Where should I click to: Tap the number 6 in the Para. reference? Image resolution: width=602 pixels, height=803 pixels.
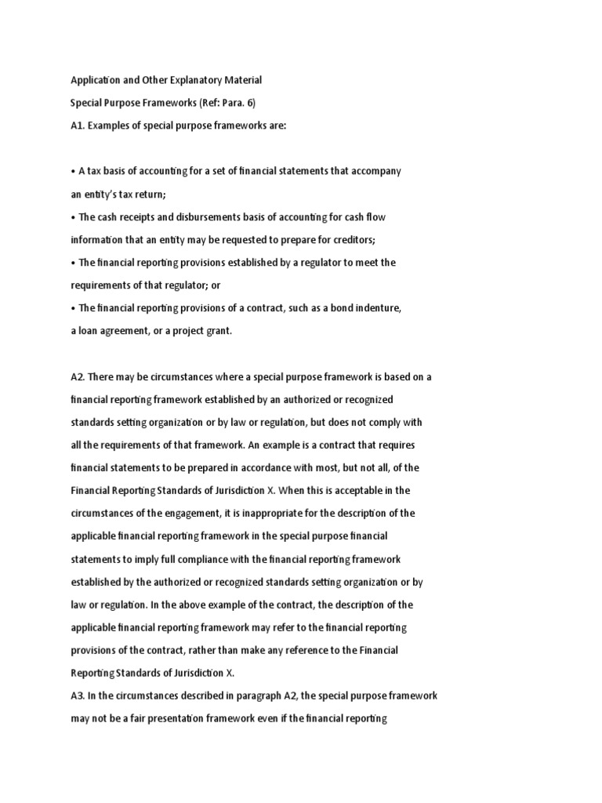pyautogui.click(x=251, y=103)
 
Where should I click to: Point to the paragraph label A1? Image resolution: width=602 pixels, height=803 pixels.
pyautogui.click(x=78, y=125)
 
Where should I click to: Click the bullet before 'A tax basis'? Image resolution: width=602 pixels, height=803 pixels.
pyautogui.click(x=73, y=171)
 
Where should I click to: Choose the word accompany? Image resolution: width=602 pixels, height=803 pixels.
pyautogui.click(x=376, y=171)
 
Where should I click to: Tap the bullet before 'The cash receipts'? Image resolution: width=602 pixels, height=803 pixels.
pyautogui.click(x=73, y=216)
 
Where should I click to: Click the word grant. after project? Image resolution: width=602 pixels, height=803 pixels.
pyautogui.click(x=219, y=331)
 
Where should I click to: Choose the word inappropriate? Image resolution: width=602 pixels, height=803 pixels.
pyautogui.click(x=305, y=514)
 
